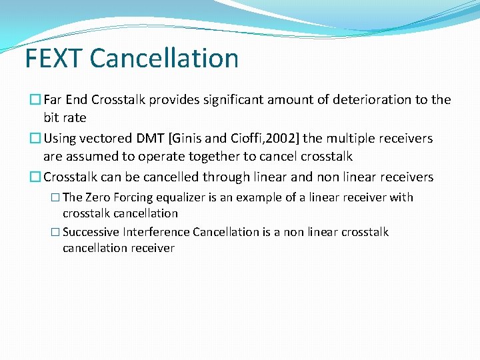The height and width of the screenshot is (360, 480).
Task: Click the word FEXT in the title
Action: [x=54, y=58]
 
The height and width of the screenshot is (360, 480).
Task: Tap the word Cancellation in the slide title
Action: [x=164, y=58]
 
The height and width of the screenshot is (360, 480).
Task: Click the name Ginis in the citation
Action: [x=191, y=139]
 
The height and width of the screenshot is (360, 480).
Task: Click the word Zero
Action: [x=99, y=197]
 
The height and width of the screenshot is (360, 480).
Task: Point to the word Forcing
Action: [x=135, y=197]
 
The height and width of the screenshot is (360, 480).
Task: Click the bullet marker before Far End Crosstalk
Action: [x=36, y=100]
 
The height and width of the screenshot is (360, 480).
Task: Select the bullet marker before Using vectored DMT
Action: [x=36, y=139]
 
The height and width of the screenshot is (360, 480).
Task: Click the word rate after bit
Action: [x=73, y=118]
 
